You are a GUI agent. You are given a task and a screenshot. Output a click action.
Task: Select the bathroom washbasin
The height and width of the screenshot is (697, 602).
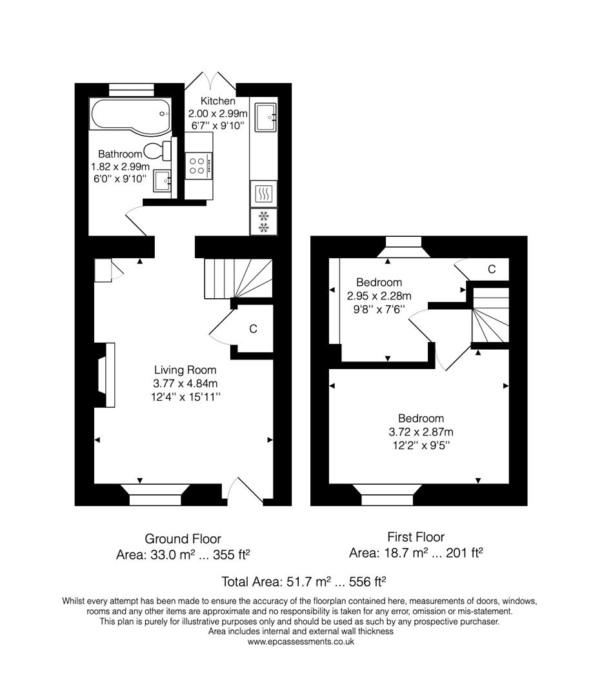point(163,181)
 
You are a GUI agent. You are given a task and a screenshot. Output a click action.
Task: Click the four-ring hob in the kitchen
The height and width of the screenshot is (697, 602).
point(199,166)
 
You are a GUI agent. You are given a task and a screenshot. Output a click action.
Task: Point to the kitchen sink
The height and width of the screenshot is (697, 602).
point(265,117)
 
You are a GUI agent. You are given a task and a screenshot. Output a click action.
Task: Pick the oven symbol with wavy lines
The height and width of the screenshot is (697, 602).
point(263,194)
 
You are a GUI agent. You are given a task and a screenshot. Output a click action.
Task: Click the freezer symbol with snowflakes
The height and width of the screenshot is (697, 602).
point(263,221)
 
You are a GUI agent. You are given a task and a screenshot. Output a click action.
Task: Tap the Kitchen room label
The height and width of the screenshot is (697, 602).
point(217,101)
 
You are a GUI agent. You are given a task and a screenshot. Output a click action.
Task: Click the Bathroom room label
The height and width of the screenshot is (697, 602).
point(120,154)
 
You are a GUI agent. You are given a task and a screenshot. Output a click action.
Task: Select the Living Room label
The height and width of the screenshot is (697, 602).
point(185,370)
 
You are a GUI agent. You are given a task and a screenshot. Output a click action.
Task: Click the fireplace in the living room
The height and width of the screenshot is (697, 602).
point(106,375)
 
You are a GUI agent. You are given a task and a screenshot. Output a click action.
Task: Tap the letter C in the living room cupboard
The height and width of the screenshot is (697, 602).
point(253,329)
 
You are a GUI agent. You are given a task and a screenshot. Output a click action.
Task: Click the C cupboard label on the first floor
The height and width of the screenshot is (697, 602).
point(491,269)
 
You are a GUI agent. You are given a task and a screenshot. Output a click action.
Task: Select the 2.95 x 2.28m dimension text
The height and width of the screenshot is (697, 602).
point(379,296)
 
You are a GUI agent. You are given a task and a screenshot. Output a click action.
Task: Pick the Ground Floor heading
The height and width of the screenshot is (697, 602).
point(183,539)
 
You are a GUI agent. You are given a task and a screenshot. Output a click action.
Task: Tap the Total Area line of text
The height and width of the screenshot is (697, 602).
point(303,581)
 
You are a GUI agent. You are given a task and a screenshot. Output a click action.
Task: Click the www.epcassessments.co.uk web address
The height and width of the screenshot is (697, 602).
point(301,641)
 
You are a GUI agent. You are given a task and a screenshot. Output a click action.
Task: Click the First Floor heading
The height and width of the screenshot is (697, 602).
point(416,537)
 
